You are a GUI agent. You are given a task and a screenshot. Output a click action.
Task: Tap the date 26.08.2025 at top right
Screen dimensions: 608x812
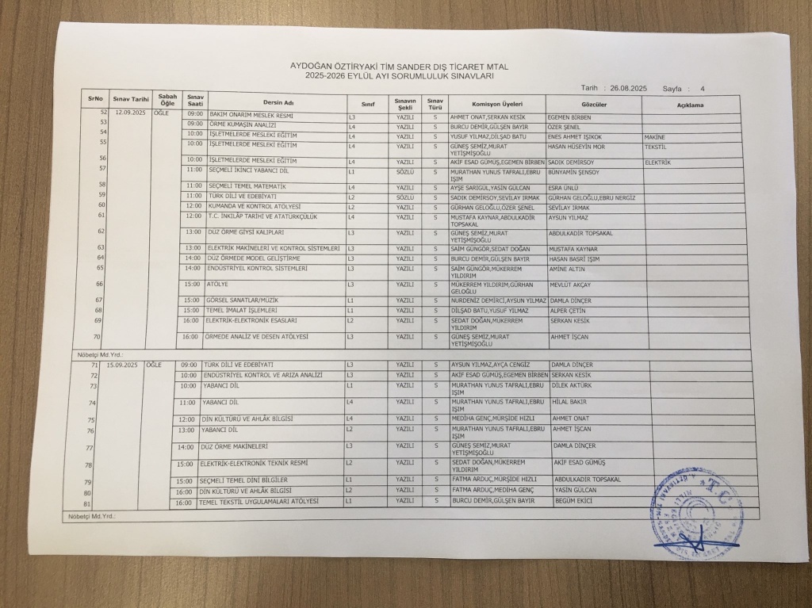click(x=629, y=88)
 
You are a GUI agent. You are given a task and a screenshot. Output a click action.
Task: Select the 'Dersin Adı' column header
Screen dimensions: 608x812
click(x=278, y=103)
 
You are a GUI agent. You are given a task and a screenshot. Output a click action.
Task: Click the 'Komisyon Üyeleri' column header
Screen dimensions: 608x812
click(x=496, y=105)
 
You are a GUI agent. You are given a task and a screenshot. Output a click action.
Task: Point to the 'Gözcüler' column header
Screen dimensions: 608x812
click(x=594, y=105)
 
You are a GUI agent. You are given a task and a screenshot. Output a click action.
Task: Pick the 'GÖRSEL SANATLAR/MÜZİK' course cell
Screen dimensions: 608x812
click(x=243, y=300)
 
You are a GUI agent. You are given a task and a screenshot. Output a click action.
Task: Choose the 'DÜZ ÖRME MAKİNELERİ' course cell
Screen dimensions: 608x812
click(x=236, y=447)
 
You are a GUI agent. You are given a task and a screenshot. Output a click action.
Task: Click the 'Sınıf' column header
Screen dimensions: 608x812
click(x=367, y=104)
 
